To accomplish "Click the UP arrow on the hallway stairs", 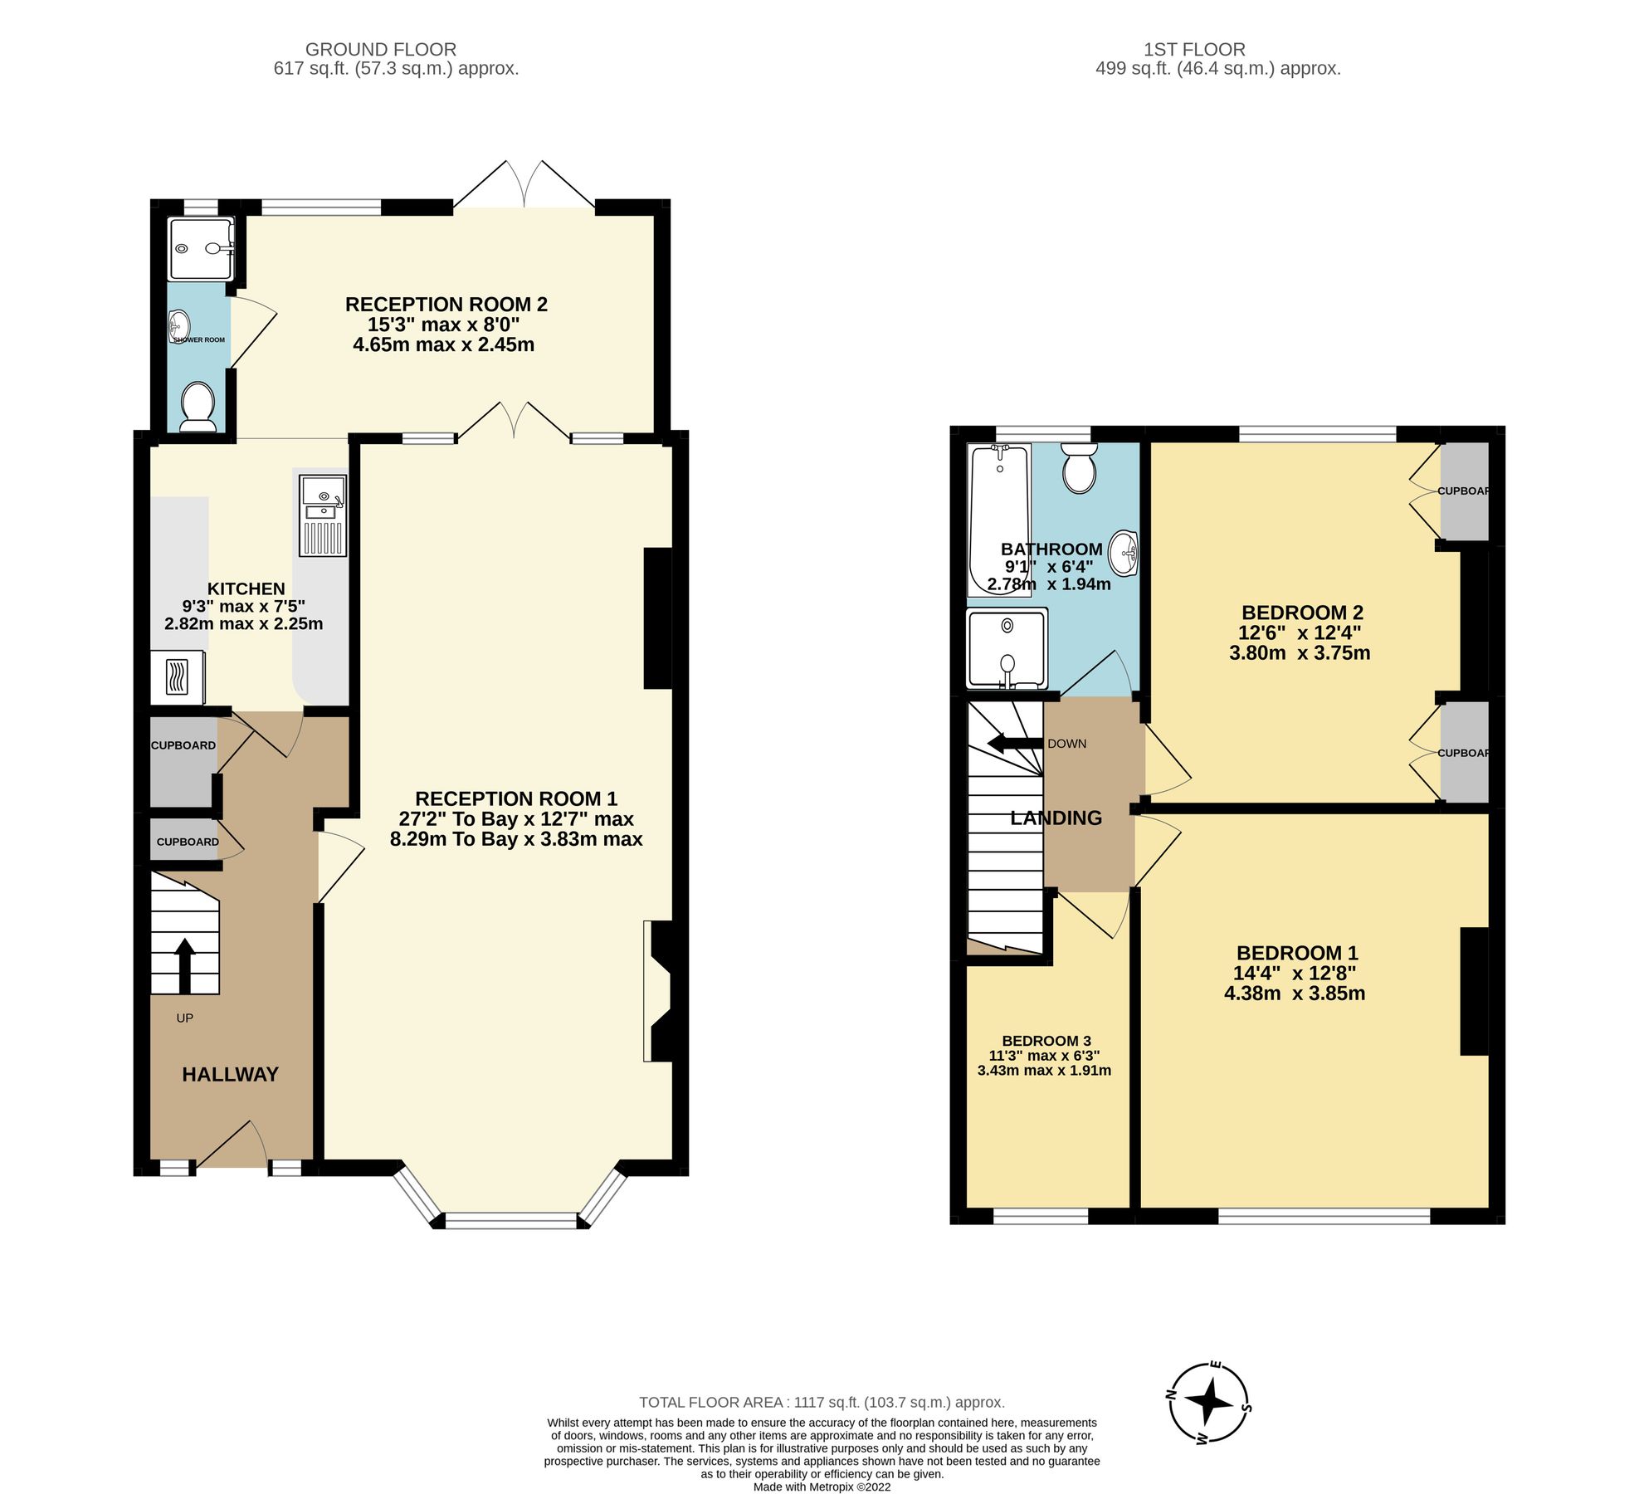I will [x=184, y=964].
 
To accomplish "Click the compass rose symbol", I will [x=1209, y=1402].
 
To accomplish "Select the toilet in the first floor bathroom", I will [x=1079, y=467].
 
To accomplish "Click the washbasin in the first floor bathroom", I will [x=1124, y=552].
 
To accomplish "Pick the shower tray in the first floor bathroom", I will [x=1007, y=648].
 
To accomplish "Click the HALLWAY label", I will [x=230, y=1074].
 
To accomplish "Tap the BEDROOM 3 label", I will [x=1046, y=1040].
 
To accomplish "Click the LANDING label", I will [x=1056, y=818].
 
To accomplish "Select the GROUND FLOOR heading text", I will [x=380, y=49].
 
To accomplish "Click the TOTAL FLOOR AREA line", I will [x=821, y=1402].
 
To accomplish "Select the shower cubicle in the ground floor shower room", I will [x=200, y=248].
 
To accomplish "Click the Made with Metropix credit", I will [x=821, y=1487].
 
